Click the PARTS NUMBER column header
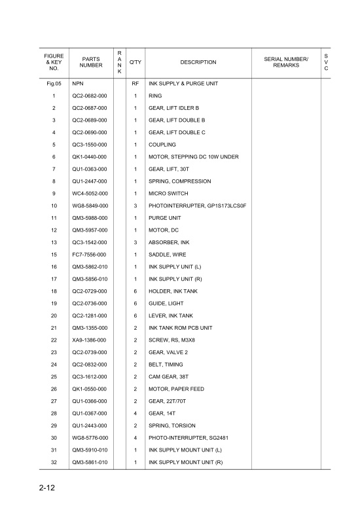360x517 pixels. click(x=91, y=62)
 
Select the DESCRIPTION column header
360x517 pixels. click(x=198, y=62)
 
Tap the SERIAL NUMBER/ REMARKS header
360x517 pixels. click(x=285, y=62)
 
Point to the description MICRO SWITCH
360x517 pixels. click(x=168, y=194)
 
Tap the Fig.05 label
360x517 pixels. click(x=54, y=84)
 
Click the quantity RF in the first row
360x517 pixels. click(x=135, y=84)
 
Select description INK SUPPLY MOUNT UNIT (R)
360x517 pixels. click(x=186, y=462)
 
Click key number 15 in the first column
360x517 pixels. click(x=54, y=255)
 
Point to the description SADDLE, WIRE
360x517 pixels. click(x=168, y=255)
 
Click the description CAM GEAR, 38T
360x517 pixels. click(x=169, y=376)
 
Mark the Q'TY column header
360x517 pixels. click(x=135, y=62)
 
